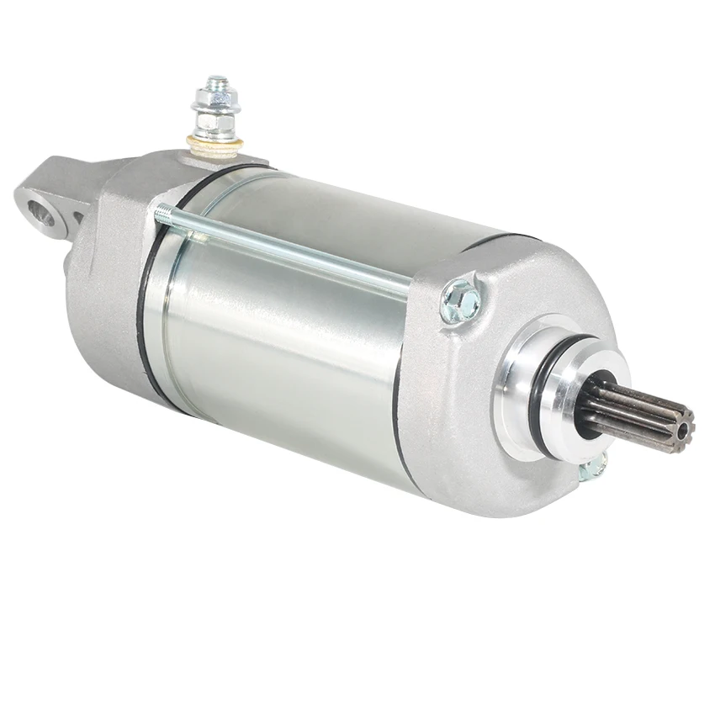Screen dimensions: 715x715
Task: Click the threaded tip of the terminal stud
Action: coord(217,83)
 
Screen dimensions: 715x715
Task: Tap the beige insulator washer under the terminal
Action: coord(216,144)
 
